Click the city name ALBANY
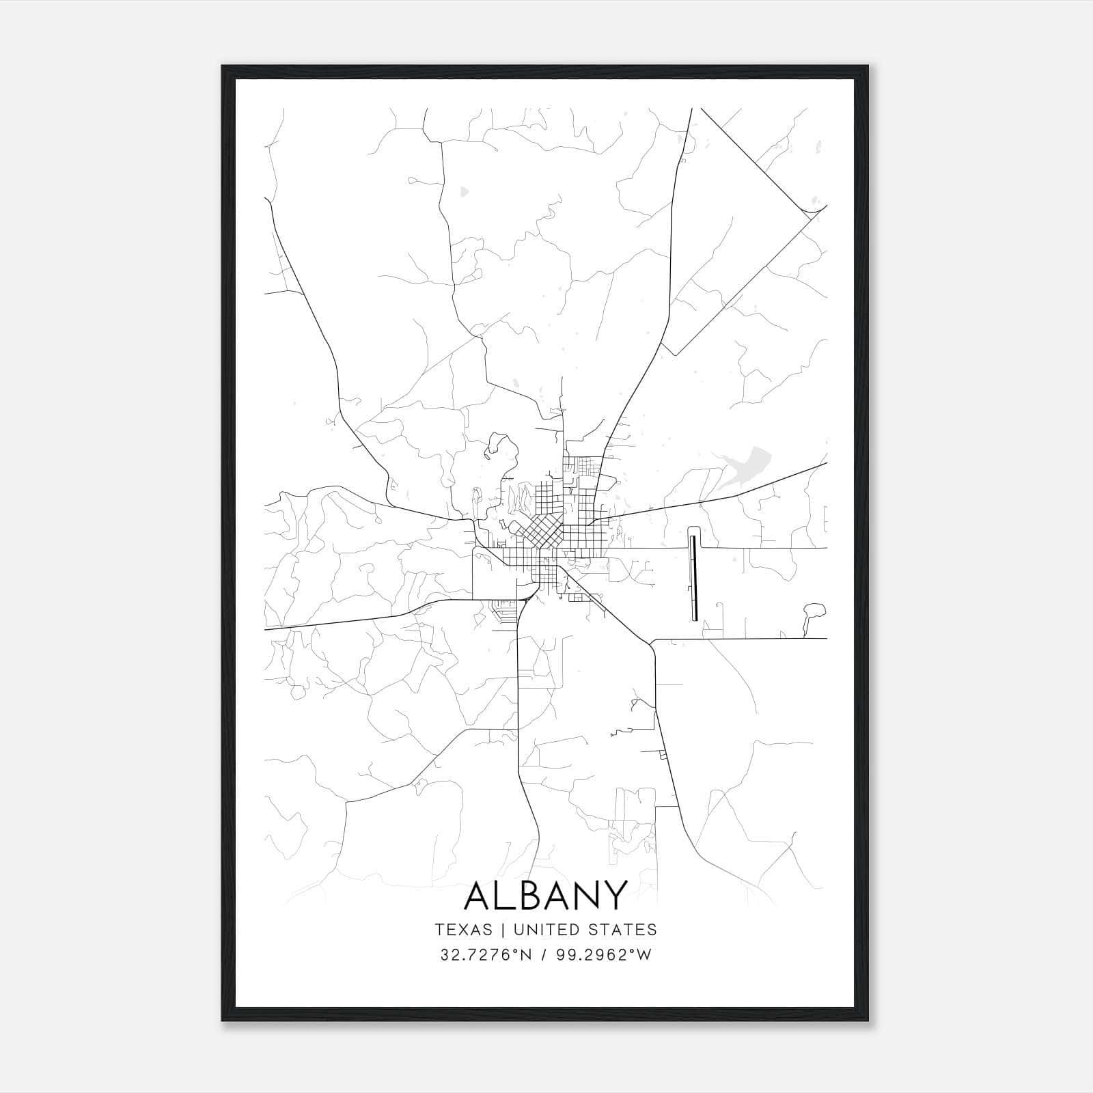(x=545, y=895)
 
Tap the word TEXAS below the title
(x=462, y=930)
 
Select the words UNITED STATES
(x=584, y=930)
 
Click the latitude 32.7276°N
(x=485, y=955)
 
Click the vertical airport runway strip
(x=694, y=577)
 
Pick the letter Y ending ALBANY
(x=614, y=895)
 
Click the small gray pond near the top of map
(x=465, y=192)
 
